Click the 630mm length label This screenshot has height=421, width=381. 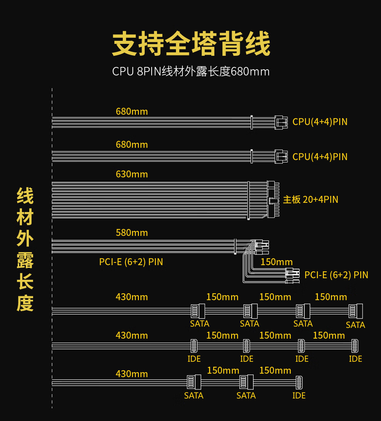pos(132,174)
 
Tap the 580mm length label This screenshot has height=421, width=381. pos(132,233)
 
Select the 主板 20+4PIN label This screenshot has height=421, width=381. pos(311,199)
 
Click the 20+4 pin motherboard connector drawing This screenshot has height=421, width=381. pos(273,199)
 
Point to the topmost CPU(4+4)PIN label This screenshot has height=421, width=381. pos(320,122)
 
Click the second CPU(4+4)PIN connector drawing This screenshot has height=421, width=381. pos(281,157)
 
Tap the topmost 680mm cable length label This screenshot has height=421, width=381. pos(132,112)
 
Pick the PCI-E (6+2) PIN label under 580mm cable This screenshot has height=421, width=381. pos(131,262)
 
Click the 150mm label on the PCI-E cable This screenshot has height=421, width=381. pos(277,262)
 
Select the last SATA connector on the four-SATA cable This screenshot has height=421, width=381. pos(356,311)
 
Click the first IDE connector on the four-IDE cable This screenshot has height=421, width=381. pos(194,346)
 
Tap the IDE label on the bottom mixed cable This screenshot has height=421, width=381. pos(299,396)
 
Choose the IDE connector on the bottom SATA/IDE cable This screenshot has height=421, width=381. pos(299,383)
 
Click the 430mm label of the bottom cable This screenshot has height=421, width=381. pos(132,374)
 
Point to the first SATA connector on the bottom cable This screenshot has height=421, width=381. pos(194,382)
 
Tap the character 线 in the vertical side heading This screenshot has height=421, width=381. pos(25,196)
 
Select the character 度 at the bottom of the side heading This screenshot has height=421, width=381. pos(25,303)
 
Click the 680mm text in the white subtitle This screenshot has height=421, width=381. pos(250,72)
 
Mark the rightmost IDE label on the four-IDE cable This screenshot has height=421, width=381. pos(356,359)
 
